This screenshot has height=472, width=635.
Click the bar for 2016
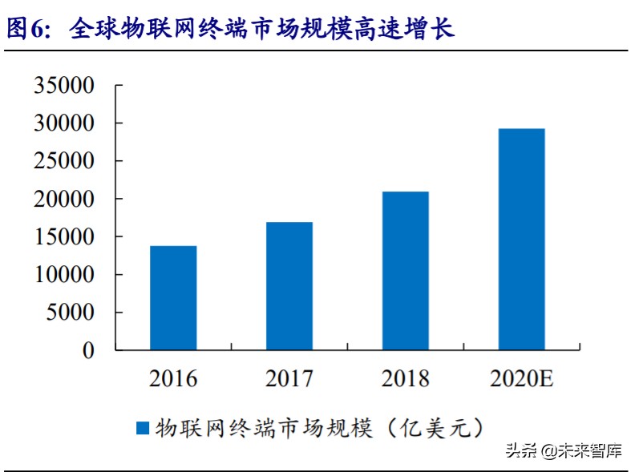[x=173, y=298]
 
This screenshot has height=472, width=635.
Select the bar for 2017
[x=289, y=286]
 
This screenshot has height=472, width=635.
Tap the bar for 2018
[x=406, y=271]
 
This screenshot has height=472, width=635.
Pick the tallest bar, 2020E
[x=521, y=240]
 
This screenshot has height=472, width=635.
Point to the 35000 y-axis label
[x=64, y=86]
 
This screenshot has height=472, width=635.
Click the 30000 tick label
[x=64, y=123]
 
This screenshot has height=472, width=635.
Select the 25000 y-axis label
[x=64, y=161]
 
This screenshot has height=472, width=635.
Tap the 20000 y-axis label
[x=64, y=199]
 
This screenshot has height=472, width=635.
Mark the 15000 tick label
[x=64, y=237]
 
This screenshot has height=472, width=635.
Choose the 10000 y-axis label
[x=64, y=275]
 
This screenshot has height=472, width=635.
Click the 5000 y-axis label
[x=70, y=313]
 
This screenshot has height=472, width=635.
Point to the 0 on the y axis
[x=88, y=350]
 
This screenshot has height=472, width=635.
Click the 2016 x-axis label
[x=173, y=378]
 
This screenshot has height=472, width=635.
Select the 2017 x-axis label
[x=289, y=378]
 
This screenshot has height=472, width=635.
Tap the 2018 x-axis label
[x=406, y=378]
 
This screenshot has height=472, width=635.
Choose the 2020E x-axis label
[x=521, y=378]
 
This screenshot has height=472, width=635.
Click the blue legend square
[x=143, y=428]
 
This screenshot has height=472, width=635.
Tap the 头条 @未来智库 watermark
[x=564, y=450]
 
